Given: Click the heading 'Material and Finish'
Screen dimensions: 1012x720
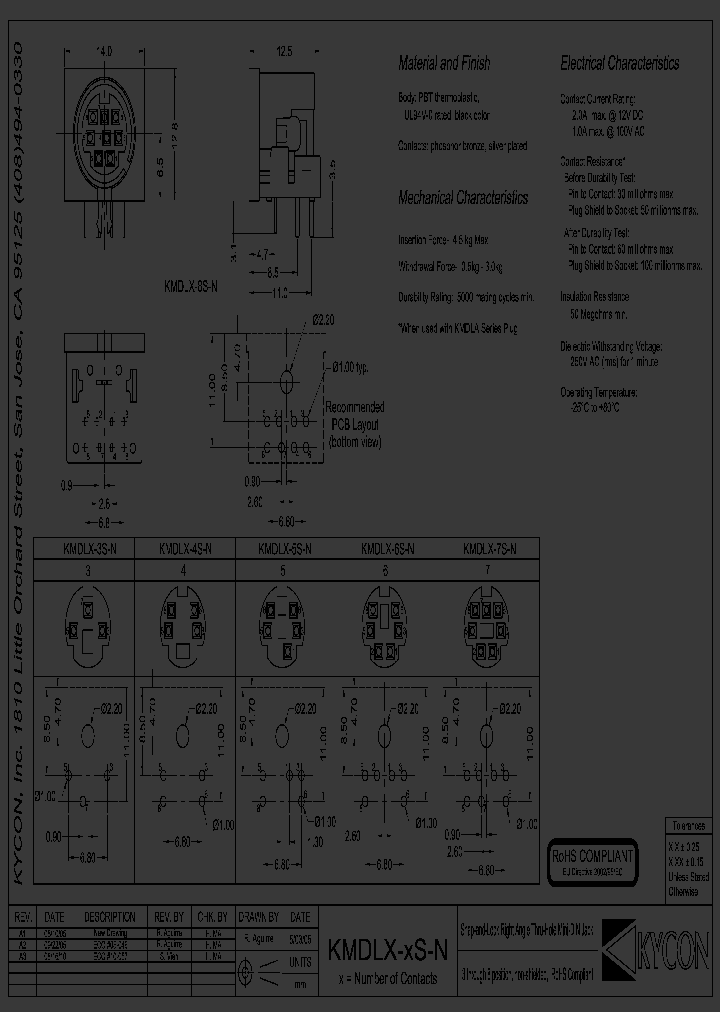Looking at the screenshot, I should tap(444, 63).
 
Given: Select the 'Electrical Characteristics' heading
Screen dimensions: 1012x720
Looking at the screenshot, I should tap(619, 63).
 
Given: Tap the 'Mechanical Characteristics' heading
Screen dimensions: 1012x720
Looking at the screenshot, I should tap(463, 198).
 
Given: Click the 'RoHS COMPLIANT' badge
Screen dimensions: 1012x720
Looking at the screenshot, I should tap(593, 857).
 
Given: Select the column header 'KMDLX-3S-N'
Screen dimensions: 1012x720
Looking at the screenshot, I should tap(90, 548).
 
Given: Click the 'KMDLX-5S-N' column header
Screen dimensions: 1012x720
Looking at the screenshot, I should tap(286, 548).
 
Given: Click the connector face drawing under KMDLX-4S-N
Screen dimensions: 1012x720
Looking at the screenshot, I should tap(184, 623).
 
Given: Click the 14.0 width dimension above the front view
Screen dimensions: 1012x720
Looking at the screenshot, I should tap(104, 50).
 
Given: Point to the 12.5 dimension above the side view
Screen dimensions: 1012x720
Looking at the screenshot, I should tap(284, 50).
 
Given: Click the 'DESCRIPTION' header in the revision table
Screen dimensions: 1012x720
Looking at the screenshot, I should tap(110, 917).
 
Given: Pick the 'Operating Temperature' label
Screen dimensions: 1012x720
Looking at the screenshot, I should tap(598, 393).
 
